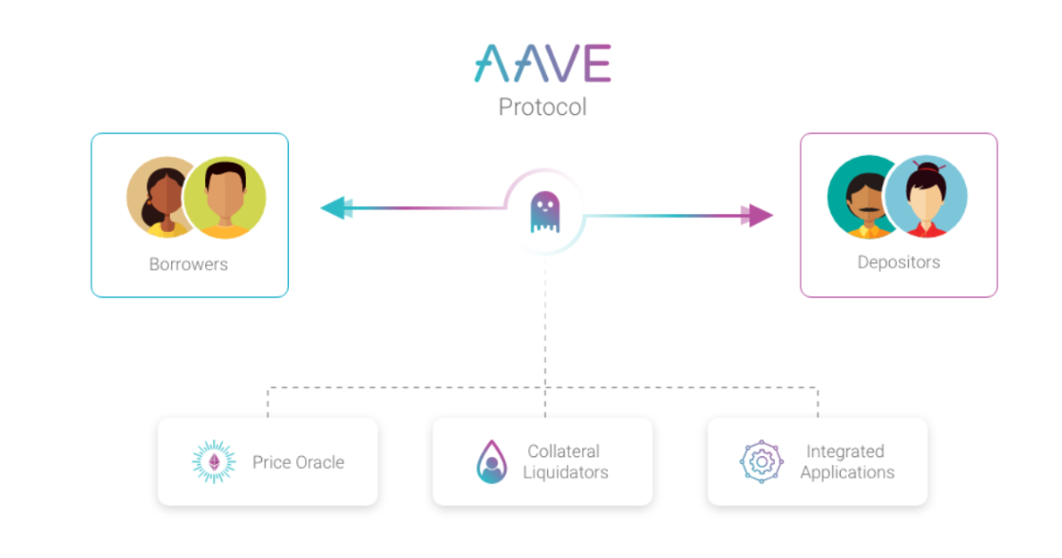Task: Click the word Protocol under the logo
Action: click(x=542, y=106)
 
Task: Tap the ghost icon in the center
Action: click(x=544, y=212)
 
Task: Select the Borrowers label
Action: click(x=188, y=264)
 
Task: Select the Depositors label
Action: click(x=899, y=261)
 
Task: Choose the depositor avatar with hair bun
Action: click(x=926, y=198)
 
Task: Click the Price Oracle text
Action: click(x=298, y=463)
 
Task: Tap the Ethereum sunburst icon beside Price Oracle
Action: click(x=213, y=463)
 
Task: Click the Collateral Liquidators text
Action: click(x=565, y=462)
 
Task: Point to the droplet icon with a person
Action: click(x=492, y=462)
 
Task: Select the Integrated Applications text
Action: click(x=846, y=462)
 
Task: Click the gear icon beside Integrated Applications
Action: click(x=762, y=462)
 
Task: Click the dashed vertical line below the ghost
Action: click(x=545, y=323)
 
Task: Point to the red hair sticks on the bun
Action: click(x=917, y=165)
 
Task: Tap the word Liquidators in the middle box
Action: click(x=565, y=472)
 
